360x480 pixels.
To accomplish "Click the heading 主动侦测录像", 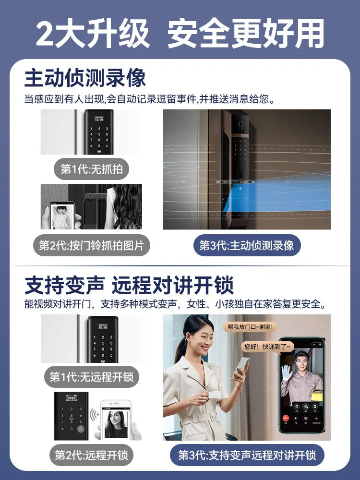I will pyautogui.click(x=85, y=78).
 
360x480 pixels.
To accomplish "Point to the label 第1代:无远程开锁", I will pyautogui.click(x=91, y=376).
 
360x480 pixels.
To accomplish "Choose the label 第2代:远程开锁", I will pyautogui.click(x=91, y=454).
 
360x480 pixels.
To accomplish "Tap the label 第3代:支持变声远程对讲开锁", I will pyautogui.click(x=247, y=454).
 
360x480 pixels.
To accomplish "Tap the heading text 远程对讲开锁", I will pyautogui.click(x=173, y=285).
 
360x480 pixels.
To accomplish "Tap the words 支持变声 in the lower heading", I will pyautogui.click(x=64, y=285).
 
